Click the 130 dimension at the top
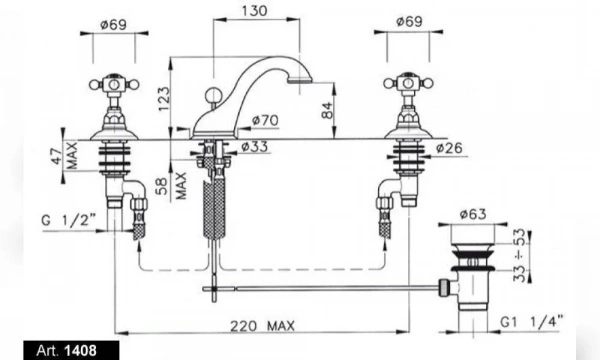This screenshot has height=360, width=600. (x=254, y=11)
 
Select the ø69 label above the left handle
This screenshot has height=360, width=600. (x=113, y=25)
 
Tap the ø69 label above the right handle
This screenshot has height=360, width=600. (x=409, y=21)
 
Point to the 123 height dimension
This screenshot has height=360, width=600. (x=164, y=99)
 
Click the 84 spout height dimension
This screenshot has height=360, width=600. (x=328, y=110)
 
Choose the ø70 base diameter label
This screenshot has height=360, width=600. (x=265, y=121)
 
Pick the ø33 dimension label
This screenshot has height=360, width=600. (x=255, y=147)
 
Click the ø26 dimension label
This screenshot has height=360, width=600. (x=449, y=148)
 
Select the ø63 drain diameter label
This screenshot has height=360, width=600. (x=473, y=214)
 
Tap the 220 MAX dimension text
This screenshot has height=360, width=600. (x=262, y=326)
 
